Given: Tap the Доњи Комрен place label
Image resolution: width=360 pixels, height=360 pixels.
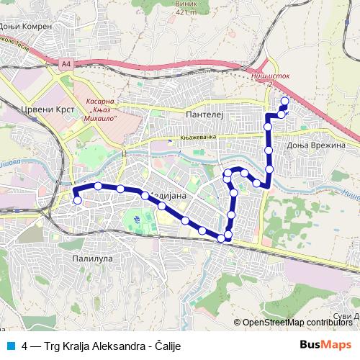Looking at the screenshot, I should [26, 26].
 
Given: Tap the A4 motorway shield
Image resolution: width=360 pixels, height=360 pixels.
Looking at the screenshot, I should [67, 65].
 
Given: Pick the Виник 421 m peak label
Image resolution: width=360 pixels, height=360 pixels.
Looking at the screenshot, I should [186, 7].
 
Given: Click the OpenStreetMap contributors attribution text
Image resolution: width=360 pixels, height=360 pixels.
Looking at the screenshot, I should [297, 322].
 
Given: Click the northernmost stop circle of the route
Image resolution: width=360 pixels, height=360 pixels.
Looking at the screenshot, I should [284, 102].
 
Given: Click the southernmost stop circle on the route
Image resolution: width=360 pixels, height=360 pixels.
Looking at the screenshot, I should [221, 238].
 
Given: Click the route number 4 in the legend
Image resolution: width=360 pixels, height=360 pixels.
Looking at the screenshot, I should [25, 346].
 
